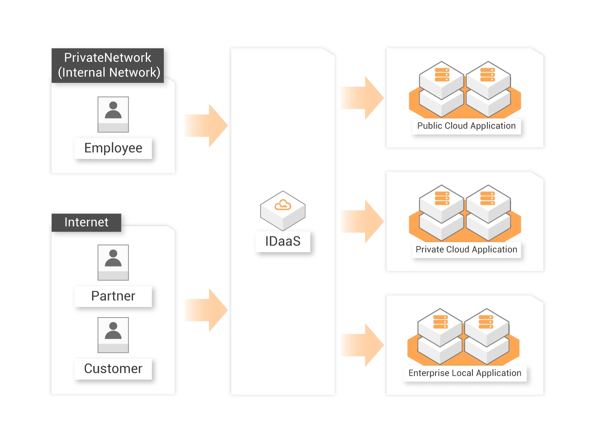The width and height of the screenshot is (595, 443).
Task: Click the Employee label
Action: coord(113,148)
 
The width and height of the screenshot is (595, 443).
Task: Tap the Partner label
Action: coord(113,296)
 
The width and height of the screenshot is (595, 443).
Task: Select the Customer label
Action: coord(113,368)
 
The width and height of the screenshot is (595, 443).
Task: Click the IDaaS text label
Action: coord(283,241)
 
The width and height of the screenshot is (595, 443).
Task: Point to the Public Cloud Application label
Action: coord(466,126)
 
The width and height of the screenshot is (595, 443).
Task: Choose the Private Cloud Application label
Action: coord(466,249)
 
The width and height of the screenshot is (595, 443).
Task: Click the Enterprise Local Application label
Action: coord(465,373)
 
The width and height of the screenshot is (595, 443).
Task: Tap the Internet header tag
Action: coord(86,222)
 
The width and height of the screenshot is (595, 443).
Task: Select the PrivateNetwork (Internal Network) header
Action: coord(108,65)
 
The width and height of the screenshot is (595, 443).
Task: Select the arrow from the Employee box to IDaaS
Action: coord(206,126)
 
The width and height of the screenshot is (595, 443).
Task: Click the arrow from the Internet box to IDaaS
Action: coord(206,310)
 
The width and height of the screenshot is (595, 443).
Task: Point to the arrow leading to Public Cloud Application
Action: coord(362,98)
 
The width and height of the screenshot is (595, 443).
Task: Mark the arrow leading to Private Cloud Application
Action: coord(362,221)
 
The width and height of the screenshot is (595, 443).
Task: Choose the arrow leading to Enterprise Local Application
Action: coord(362,345)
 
